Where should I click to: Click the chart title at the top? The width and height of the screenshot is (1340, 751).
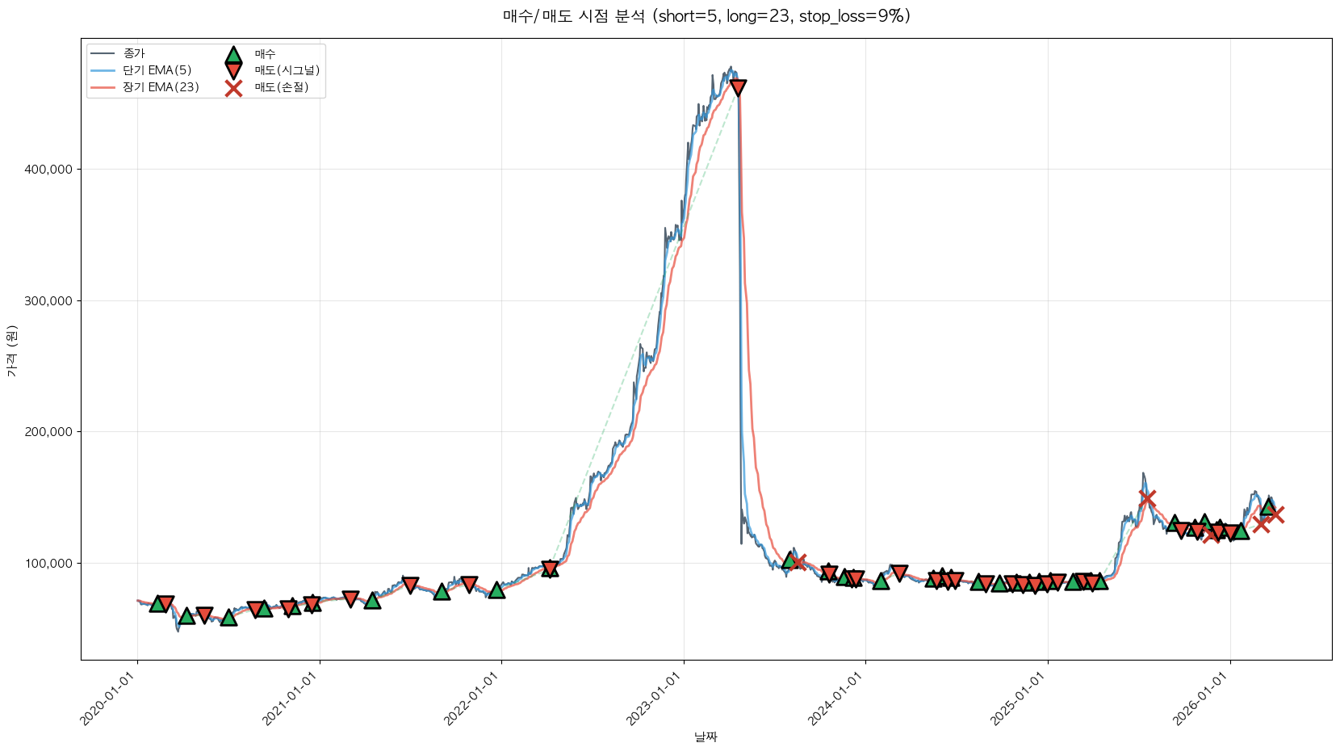click(706, 16)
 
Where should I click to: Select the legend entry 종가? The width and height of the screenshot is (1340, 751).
click(134, 53)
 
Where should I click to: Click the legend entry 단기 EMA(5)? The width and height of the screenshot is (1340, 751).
click(157, 70)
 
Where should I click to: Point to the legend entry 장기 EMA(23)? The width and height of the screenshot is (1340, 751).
click(161, 87)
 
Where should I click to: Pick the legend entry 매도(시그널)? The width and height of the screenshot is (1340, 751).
click(287, 70)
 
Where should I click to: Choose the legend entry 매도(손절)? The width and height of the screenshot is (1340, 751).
click(281, 87)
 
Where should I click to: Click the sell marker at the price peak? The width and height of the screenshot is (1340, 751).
click(737, 87)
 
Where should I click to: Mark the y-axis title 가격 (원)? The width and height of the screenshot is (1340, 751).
click(11, 351)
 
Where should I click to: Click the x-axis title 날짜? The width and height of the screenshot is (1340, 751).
click(706, 736)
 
